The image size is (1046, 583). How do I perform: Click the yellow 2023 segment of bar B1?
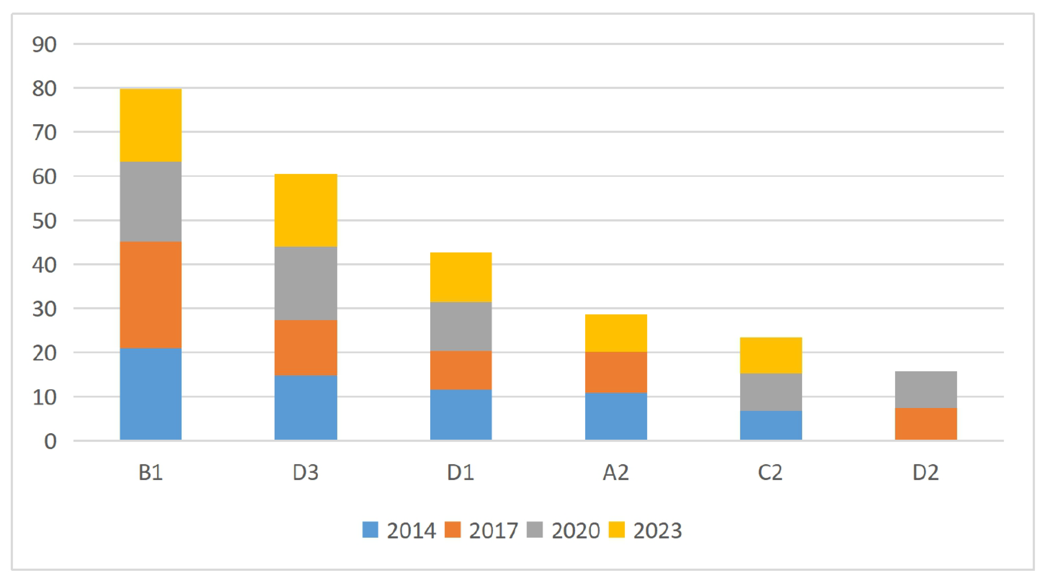pos(151,126)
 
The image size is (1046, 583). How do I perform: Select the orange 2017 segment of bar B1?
pos(151,295)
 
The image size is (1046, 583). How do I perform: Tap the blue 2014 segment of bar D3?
pos(306,408)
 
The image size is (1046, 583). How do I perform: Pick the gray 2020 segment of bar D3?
pos(306,283)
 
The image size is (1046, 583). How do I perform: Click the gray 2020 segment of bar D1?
pos(461,327)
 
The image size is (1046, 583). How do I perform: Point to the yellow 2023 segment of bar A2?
pos(616,333)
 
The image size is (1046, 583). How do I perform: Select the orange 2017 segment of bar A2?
pos(616,372)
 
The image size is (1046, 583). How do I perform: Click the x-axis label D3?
pos(306,473)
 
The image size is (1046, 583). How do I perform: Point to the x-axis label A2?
pos(616,473)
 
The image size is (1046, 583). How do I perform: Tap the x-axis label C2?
pos(770,473)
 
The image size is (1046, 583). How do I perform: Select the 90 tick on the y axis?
pos(44,45)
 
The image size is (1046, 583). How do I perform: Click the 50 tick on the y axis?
pos(44,222)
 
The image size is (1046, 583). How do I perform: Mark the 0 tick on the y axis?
pos(50,441)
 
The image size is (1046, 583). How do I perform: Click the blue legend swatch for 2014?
pos(370,530)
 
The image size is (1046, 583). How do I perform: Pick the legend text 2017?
pos(493,531)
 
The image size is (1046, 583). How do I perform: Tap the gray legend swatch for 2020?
pos(534,530)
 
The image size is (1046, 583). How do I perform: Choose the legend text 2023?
pos(657,531)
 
